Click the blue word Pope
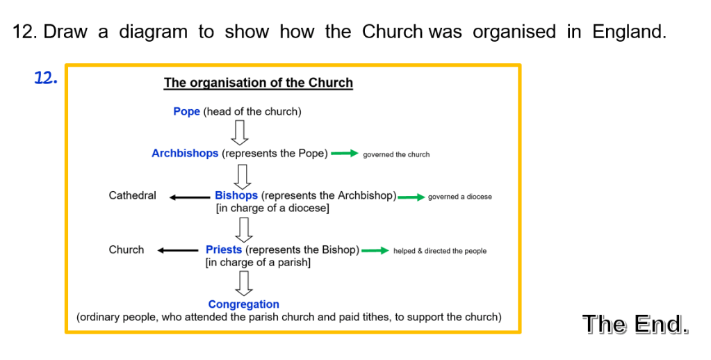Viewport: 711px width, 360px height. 186,111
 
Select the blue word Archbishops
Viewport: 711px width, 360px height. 185,153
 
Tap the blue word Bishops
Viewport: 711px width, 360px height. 236,195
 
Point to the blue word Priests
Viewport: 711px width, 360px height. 224,249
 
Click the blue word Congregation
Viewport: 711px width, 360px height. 243,304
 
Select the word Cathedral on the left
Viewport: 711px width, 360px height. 132,195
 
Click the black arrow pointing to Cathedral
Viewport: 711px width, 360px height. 189,197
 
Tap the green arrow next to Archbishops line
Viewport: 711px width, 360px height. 344,154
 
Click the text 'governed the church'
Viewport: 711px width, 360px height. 396,154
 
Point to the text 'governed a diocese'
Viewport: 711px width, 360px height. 459,197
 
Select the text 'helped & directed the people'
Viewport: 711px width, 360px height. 440,251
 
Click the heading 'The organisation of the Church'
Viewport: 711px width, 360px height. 259,83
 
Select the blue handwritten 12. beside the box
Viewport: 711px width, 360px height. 46,78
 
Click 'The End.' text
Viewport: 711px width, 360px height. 635,324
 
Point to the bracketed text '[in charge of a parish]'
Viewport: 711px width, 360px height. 258,263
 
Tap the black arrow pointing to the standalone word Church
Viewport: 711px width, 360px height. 178,251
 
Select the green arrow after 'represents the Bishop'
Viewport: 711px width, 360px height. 375,251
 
